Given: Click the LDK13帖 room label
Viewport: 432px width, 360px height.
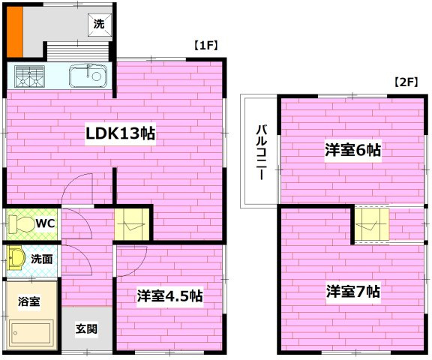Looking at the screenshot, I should coord(119,134).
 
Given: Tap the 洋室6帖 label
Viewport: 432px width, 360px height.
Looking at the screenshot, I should coord(352,150).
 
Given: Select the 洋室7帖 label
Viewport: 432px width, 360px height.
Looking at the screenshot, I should coord(352,290).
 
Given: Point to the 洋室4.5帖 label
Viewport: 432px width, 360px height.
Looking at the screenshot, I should coord(169,295).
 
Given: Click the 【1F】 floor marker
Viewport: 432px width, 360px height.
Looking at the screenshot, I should coord(205,46).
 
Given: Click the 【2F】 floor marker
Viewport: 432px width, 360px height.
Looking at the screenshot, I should coord(406,83).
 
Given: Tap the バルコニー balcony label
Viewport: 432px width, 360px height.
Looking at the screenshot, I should coord(259,153).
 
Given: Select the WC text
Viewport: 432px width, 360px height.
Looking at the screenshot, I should coord(45,223).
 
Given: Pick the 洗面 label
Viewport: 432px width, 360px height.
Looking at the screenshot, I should coord(41,259).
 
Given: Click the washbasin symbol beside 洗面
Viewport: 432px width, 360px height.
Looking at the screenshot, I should coord(16,260).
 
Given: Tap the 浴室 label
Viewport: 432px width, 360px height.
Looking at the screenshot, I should coord(28,301).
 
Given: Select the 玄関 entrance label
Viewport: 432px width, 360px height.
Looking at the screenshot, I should coord(85,328).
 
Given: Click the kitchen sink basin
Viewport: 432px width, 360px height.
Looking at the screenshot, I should coord(89,75).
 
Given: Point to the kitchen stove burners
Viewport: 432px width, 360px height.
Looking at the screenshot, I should coord(29,75).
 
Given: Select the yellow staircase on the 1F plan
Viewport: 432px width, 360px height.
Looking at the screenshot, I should coord(133,223).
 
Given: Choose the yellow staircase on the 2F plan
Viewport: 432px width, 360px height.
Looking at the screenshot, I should coord(370,223).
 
